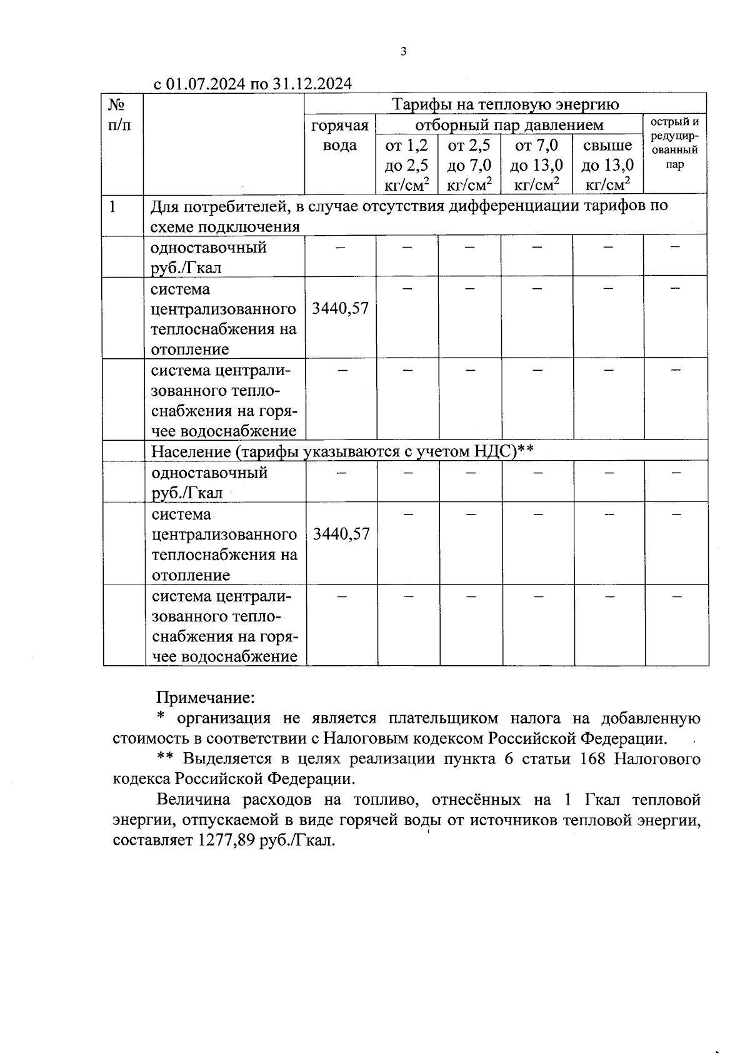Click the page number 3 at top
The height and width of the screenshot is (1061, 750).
pyautogui.click(x=403, y=52)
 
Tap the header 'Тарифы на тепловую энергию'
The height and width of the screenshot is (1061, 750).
pyautogui.click(x=505, y=104)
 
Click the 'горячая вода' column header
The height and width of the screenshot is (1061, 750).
pyautogui.click(x=340, y=136)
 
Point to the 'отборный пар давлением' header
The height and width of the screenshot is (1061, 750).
pyautogui.click(x=509, y=125)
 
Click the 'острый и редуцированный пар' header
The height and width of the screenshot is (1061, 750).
pyautogui.click(x=674, y=144)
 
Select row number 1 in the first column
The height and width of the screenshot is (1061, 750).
pyautogui.click(x=112, y=206)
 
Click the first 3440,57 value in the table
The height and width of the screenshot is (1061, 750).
pyautogui.click(x=340, y=308)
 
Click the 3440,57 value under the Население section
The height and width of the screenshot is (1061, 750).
pyautogui.click(x=341, y=534)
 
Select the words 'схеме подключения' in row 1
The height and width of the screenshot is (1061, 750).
pyautogui.click(x=225, y=226)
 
